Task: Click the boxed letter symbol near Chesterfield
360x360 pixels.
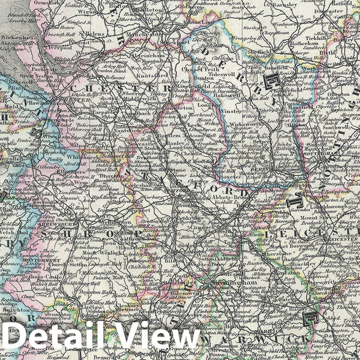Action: coord(274,82)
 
